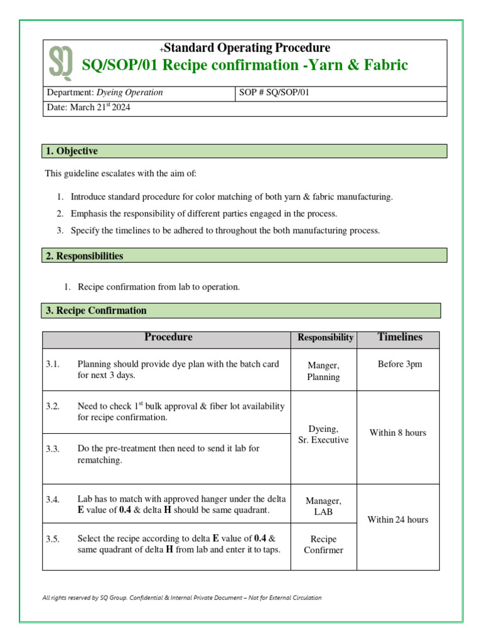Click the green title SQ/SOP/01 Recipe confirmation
pyautogui.click(x=245, y=65)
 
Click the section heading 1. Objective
pyautogui.click(x=71, y=151)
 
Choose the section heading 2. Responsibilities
pyautogui.click(x=84, y=256)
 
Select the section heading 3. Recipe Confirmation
pyautogui.click(x=96, y=310)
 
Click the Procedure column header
pyautogui.click(x=168, y=337)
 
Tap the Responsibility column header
pyautogui.click(x=325, y=338)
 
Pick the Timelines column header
pyautogui.click(x=400, y=337)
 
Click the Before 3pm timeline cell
pyautogui.click(x=400, y=364)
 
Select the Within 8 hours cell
pyautogui.click(x=397, y=433)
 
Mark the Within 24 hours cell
pyautogui.click(x=397, y=519)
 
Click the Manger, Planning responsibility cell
pyautogui.click(x=323, y=371)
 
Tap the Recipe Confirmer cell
pyautogui.click(x=323, y=544)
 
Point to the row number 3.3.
pyautogui.click(x=53, y=449)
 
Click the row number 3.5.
pyautogui.click(x=53, y=539)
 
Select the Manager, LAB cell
pyautogui.click(x=323, y=507)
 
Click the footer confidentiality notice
pyautogui.click(x=181, y=597)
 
